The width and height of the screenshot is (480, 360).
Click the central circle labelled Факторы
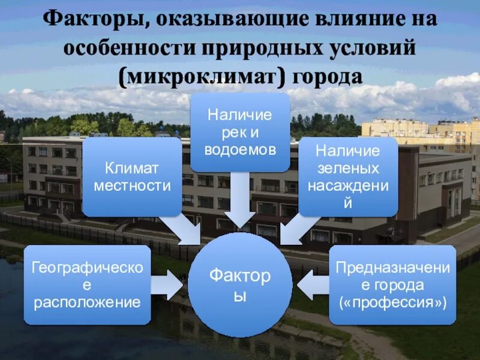point(240,285)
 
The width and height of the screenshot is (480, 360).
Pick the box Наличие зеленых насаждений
point(348,176)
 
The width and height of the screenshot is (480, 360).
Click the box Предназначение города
point(392,284)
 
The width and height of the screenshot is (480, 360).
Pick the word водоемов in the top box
point(240,149)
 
